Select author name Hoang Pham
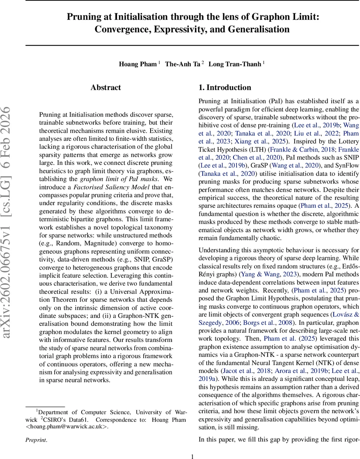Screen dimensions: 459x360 (138, 64)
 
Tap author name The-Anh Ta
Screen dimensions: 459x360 (182, 64)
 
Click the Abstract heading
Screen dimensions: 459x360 (106, 88)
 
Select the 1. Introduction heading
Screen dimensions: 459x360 (225, 88)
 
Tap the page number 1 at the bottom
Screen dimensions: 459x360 (193, 456)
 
